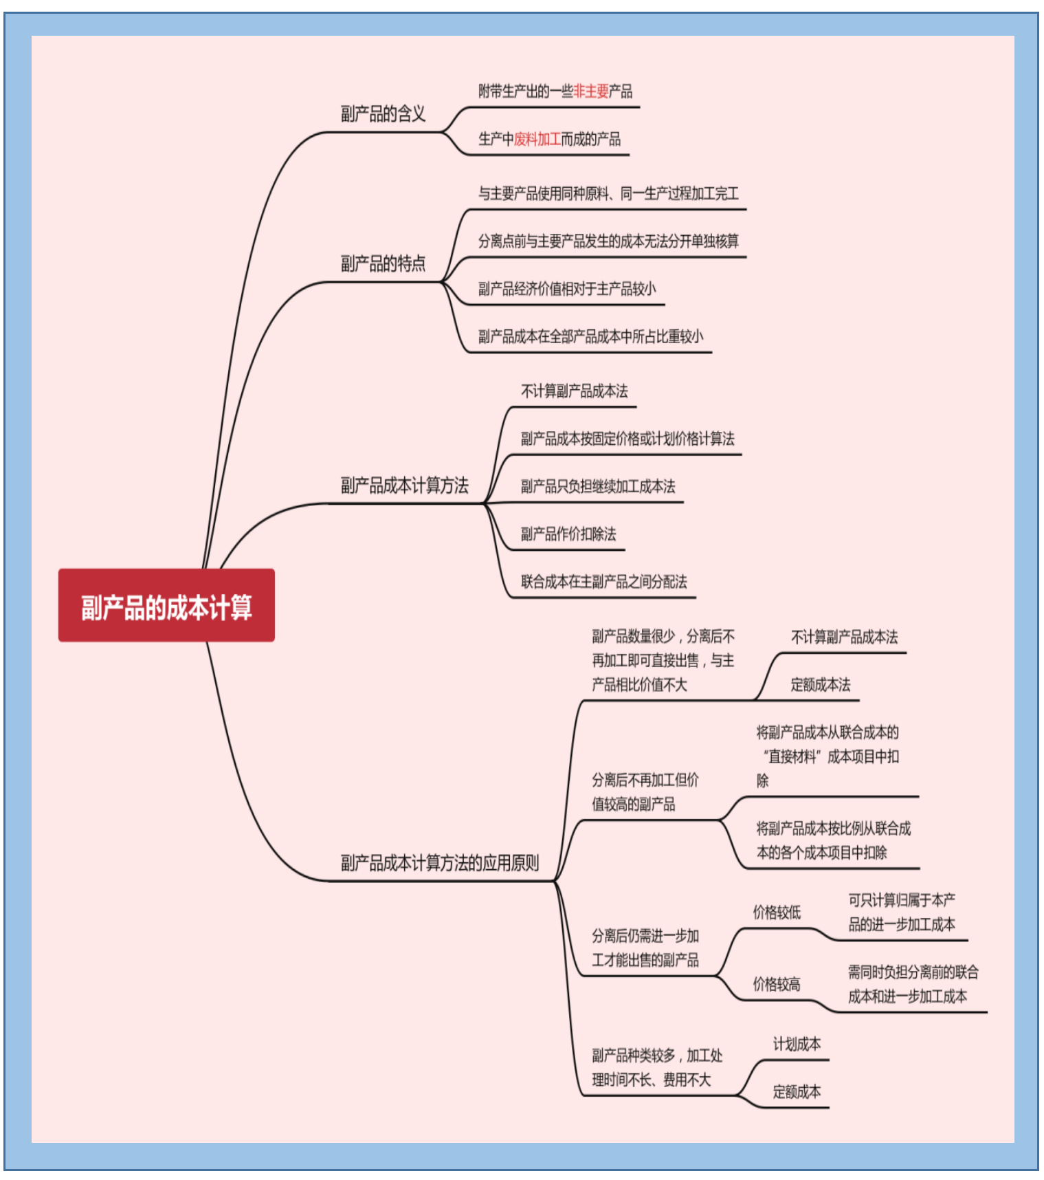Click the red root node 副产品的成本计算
[166, 606]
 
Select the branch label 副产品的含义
[383, 113]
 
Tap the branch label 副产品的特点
[383, 263]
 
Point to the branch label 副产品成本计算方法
[404, 485]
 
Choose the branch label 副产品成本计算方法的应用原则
[439, 862]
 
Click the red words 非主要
[591, 91]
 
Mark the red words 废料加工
[537, 139]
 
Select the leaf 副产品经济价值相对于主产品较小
[567, 289]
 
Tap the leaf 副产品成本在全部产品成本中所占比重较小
[590, 336]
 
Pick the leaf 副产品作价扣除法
[568, 534]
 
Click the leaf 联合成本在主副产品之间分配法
[603, 582]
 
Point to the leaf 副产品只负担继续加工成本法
[597, 486]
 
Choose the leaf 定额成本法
[820, 684]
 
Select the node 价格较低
[777, 913]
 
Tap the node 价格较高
[777, 984]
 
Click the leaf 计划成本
[797, 1044]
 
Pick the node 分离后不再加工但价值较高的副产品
[645, 791]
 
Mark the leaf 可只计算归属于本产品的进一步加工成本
[901, 912]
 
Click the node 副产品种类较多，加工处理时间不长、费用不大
[656, 1067]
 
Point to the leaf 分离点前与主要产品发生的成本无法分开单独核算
[608, 241]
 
